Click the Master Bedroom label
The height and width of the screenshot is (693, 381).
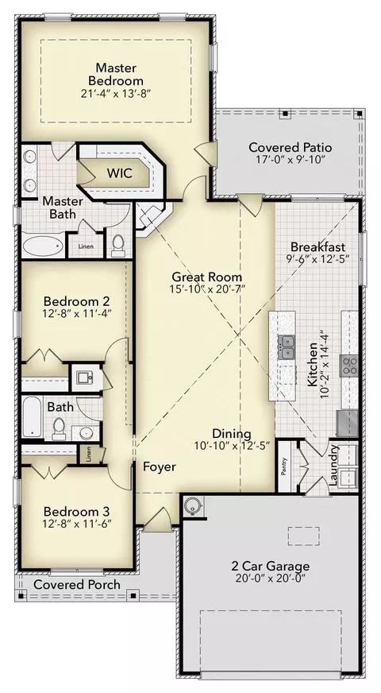[116, 74]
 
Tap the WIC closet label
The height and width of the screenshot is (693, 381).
[119, 172]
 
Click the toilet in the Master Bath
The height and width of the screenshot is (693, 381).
[118, 246]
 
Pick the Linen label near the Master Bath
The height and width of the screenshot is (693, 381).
[86, 246]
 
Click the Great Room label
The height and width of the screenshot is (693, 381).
[206, 277]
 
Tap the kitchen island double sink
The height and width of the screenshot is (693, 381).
[287, 347]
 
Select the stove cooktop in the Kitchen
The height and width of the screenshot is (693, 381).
[348, 365]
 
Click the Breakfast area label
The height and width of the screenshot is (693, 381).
[317, 246]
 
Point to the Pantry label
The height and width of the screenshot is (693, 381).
[284, 467]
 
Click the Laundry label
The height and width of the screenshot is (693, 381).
[335, 463]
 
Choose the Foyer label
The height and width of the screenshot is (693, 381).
[159, 467]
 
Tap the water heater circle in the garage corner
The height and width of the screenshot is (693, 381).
[193, 505]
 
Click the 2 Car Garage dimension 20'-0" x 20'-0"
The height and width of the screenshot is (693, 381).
[270, 578]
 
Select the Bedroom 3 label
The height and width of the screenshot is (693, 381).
[76, 512]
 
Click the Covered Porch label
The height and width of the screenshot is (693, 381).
[77, 585]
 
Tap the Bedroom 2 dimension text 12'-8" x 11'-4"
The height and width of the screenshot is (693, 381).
[76, 313]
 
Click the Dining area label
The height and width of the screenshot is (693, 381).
[231, 434]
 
